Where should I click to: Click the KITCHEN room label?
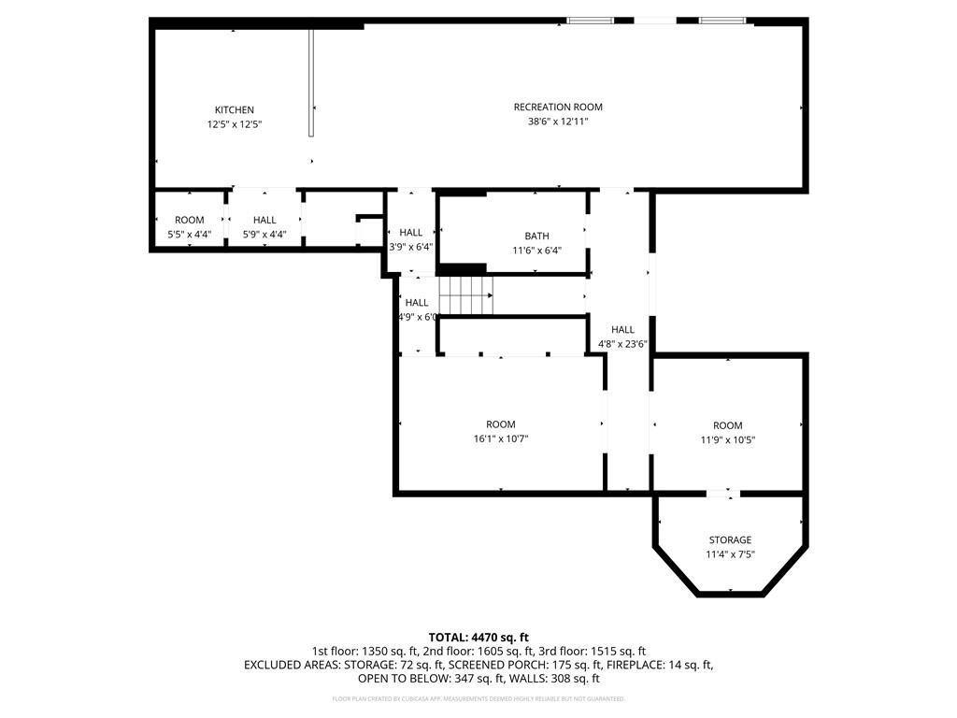point(234,109)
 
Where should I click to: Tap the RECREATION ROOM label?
point(558,107)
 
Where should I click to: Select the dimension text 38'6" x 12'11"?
point(558,122)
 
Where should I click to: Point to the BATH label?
point(536,236)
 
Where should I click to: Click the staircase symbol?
point(465,295)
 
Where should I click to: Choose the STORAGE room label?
point(730,539)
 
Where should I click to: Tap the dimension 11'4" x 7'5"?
point(730,554)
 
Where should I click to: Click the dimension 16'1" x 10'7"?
point(501,439)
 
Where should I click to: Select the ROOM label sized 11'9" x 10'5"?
point(727,425)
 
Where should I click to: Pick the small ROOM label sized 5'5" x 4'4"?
point(189,220)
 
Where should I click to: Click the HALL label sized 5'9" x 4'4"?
point(264,220)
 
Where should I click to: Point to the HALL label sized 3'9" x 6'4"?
point(411,232)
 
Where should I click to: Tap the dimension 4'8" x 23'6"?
point(622,344)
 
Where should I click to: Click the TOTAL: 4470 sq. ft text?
point(478,637)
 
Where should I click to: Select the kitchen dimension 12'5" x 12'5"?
point(234,124)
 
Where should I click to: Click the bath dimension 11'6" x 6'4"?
point(536,250)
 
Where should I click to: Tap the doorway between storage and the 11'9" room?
point(721,493)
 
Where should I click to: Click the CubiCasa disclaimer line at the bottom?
point(478,698)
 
